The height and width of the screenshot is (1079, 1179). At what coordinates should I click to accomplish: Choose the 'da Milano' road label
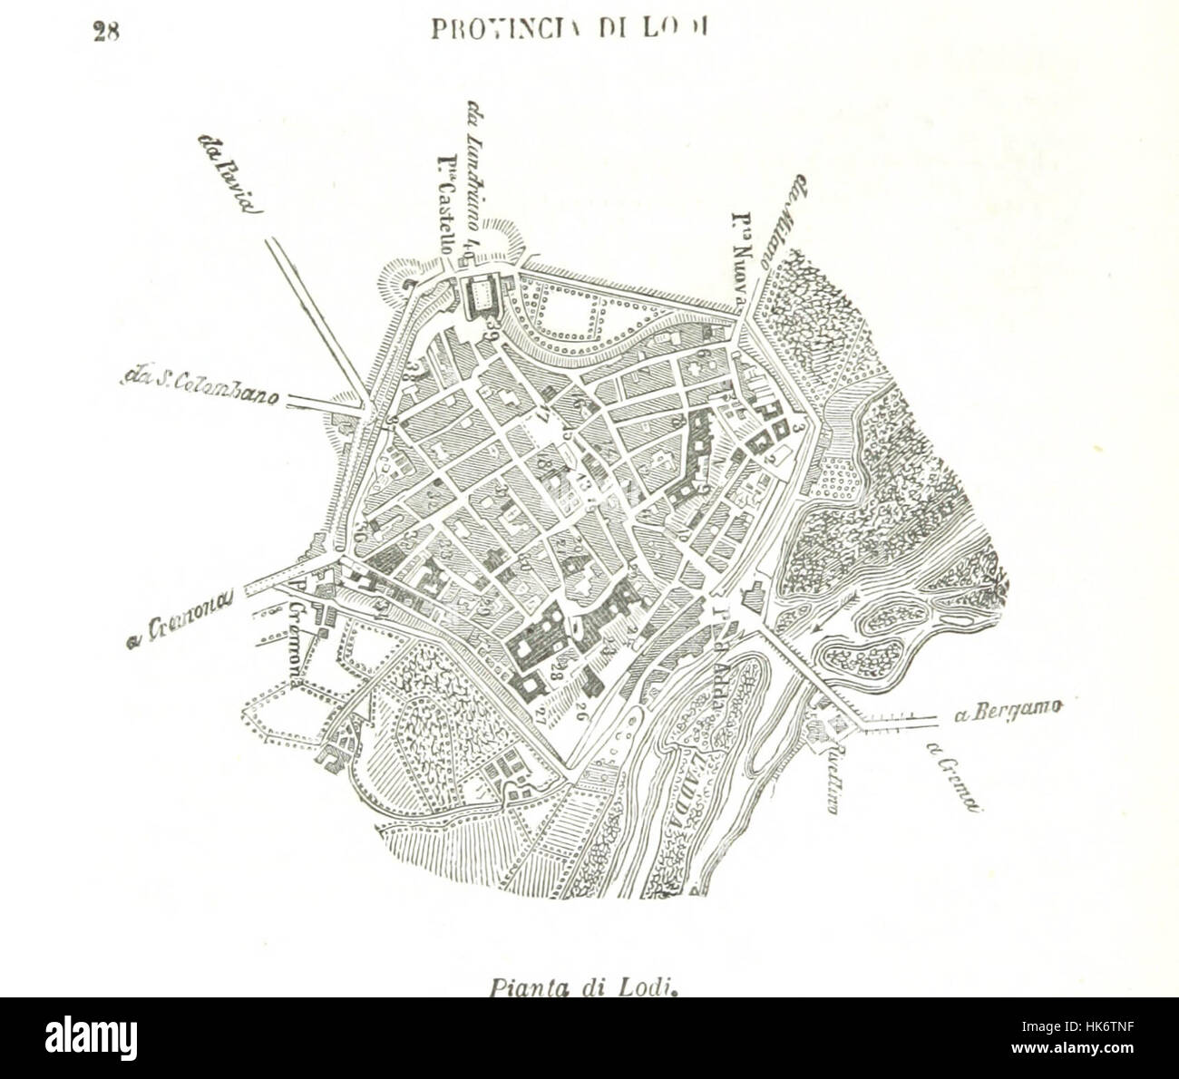(784, 222)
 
